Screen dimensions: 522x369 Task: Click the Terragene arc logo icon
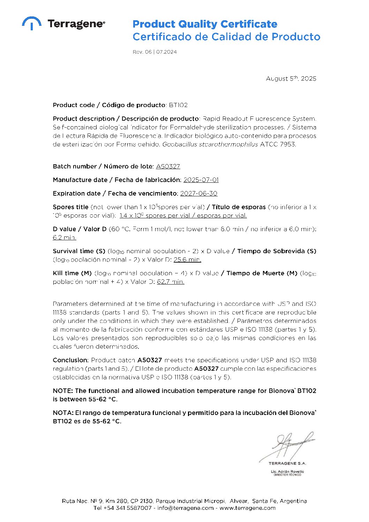tap(32, 23)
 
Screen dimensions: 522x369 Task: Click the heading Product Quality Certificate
tap(205, 24)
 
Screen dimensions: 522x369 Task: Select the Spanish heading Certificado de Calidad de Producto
tap(226, 37)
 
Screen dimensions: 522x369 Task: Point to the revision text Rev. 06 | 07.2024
tap(155, 52)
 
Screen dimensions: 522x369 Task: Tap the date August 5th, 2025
tap(291, 79)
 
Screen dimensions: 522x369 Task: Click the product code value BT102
tap(178, 105)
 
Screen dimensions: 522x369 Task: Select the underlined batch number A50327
tap(168, 166)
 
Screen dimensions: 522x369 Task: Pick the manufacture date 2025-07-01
tap(201, 180)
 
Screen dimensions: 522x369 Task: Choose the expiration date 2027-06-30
tap(198, 194)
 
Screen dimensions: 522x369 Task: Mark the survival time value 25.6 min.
tap(187, 260)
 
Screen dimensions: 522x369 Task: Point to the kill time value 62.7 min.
tap(171, 282)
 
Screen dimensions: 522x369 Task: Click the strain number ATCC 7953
tap(278, 144)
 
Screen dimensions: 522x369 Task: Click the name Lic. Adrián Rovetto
tap(287, 471)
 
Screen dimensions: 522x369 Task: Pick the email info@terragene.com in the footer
tap(185, 508)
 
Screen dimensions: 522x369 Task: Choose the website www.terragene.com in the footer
tap(247, 508)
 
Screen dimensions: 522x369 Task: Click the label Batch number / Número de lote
tap(103, 166)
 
